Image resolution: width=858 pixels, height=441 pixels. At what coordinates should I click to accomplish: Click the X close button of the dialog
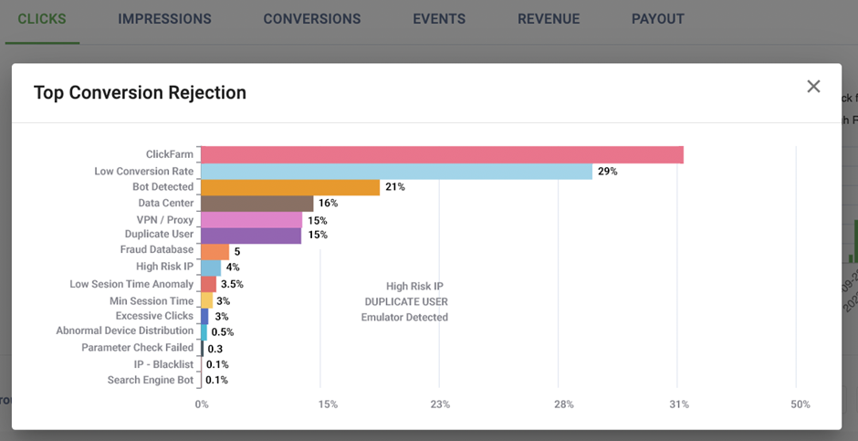pos(813,87)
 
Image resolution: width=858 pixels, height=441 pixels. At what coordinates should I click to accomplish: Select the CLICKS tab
pos(42,19)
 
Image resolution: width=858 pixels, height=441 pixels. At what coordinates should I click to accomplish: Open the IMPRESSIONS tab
pos(164,19)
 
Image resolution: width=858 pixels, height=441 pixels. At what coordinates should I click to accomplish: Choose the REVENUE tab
pos(548,19)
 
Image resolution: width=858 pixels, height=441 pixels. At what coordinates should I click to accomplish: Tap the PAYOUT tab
pos(657,19)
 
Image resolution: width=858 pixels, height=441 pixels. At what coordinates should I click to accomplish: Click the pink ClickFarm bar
pos(442,155)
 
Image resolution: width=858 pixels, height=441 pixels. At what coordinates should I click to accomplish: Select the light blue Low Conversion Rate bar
pos(396,172)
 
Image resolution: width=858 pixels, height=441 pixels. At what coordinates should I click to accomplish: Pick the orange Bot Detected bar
pos(290,187)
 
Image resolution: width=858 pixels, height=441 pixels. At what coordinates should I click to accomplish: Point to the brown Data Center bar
pos(256,204)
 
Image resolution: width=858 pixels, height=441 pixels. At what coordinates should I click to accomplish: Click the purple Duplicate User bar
pos(251,236)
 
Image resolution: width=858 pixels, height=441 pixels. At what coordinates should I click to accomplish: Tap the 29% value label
pos(608,172)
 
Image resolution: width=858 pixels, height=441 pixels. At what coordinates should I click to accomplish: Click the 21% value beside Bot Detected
pos(395,187)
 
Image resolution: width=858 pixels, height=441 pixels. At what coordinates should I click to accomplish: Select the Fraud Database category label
pos(157,249)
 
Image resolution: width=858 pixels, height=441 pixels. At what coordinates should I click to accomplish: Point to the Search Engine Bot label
pos(151,380)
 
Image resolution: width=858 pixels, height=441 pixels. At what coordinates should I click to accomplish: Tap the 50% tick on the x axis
pos(800,404)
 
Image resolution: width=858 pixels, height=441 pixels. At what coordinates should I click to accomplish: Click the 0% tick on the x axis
pos(202,404)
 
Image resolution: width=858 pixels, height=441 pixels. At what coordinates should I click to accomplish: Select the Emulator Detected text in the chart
pos(404,318)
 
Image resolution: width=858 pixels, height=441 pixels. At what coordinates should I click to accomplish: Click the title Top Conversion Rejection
pos(140,92)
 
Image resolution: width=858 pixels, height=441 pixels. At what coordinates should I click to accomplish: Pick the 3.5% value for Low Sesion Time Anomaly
pos(232,284)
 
